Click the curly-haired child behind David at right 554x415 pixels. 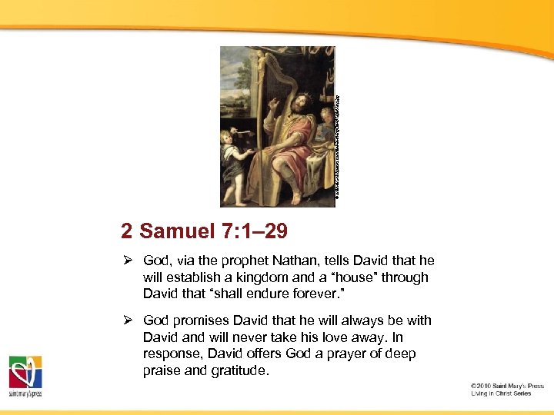point(327,118)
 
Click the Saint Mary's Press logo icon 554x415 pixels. point(25,373)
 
